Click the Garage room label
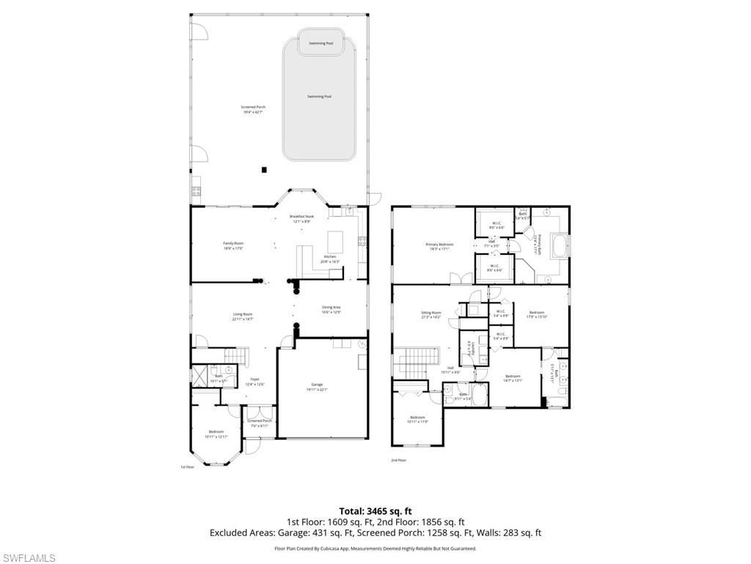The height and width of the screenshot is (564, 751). pos(318,386)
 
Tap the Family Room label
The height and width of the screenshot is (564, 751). pos(233,245)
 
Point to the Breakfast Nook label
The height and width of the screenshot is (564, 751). pos(301,218)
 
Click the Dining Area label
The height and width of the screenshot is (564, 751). pos(331,309)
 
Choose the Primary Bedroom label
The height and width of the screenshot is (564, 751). pos(439,246)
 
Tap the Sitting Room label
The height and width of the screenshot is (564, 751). pos(431,314)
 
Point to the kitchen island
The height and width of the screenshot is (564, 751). pos(334,241)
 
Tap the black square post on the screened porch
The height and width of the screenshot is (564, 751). pos(264,170)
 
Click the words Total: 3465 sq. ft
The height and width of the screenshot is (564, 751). pos(375,510)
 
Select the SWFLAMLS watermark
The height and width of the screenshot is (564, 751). pos(28,558)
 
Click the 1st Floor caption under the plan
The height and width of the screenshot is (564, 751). pos(188,466)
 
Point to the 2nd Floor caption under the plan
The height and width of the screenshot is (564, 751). pos(399,460)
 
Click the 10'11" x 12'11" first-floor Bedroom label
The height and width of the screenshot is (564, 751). pos(216,434)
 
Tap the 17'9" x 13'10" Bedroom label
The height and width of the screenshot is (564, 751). pos(537,314)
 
